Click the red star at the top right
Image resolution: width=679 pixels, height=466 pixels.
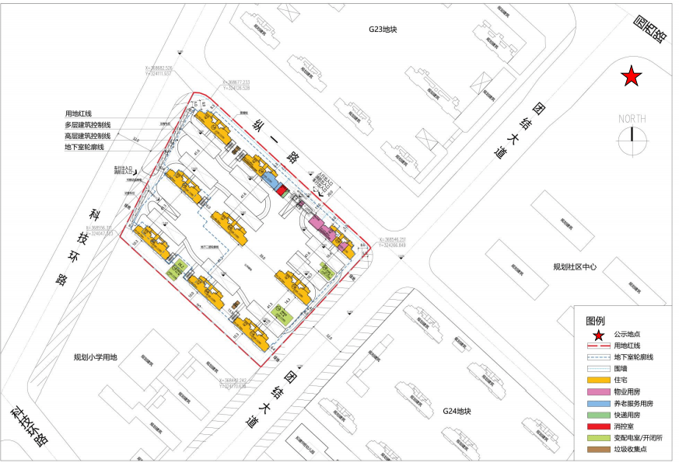[x=632, y=76]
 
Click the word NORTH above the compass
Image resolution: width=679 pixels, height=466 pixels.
[x=632, y=118]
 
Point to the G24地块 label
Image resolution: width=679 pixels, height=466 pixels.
[x=457, y=411]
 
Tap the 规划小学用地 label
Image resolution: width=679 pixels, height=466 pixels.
[x=95, y=357]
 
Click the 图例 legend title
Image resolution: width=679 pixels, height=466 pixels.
[x=595, y=320]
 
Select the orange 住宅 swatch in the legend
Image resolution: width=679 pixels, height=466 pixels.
[x=597, y=380]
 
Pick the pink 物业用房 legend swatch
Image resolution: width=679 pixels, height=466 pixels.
[x=597, y=391]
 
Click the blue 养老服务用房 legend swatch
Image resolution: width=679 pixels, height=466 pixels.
[x=597, y=403]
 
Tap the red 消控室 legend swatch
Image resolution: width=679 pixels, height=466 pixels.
[x=597, y=426]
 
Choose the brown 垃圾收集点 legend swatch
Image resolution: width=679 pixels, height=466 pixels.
[x=597, y=450]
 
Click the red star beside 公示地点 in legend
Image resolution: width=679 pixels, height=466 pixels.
[x=597, y=333]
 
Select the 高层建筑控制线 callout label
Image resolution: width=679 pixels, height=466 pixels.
[x=87, y=136]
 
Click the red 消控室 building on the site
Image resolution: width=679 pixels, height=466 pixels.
[x=282, y=190]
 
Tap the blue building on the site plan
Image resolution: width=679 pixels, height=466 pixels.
[x=269, y=182]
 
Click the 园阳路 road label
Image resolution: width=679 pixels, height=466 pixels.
[x=649, y=30]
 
